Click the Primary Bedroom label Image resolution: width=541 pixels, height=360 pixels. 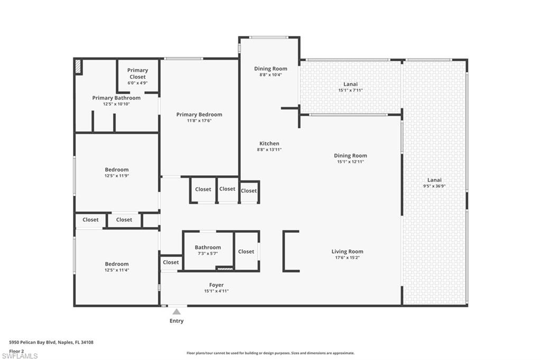pyautogui.click(x=199, y=115)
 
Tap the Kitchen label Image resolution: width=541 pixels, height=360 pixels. pyautogui.click(x=269, y=144)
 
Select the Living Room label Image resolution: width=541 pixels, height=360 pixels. pyautogui.click(x=347, y=252)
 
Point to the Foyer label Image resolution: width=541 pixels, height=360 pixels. pyautogui.click(x=216, y=285)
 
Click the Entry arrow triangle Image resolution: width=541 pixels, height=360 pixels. pyautogui.click(x=176, y=312)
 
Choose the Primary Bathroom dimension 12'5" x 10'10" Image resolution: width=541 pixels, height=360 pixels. pyautogui.click(x=116, y=104)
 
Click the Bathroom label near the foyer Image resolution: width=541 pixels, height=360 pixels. pyautogui.click(x=208, y=248)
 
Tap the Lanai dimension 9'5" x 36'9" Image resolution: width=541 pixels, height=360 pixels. pyautogui.click(x=434, y=186)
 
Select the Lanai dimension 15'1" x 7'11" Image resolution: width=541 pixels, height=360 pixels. pyautogui.click(x=350, y=90)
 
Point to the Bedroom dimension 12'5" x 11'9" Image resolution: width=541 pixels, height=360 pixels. pyautogui.click(x=116, y=176)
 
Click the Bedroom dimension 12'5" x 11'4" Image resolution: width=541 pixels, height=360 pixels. pyautogui.click(x=116, y=270)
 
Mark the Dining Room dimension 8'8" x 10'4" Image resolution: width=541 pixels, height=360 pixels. pyautogui.click(x=270, y=75)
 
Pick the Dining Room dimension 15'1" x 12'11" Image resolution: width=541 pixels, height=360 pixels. pyautogui.click(x=350, y=162)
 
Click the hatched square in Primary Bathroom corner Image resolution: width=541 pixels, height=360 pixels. pyautogui.click(x=78, y=67)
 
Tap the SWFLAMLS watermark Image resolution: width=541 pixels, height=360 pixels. pyautogui.click(x=20, y=356)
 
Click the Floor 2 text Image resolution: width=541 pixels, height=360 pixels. pyautogui.click(x=17, y=350)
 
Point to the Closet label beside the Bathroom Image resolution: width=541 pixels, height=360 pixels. pyautogui.click(x=246, y=252)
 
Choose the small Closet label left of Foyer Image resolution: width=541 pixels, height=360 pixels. pyautogui.click(x=171, y=262)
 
